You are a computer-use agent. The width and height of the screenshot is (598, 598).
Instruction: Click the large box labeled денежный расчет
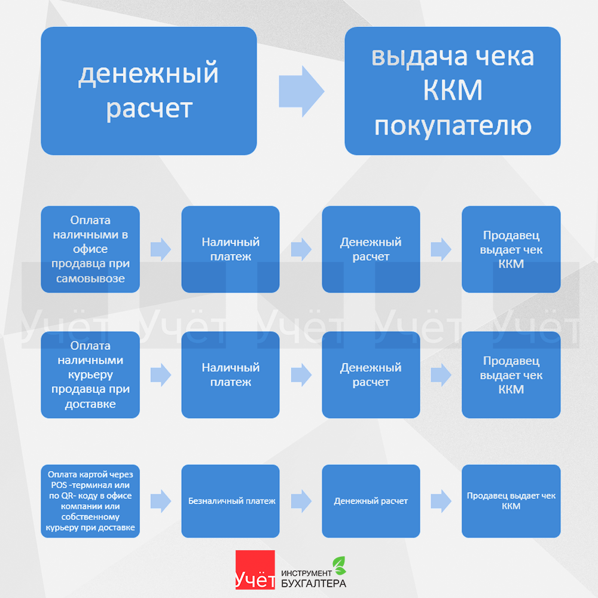point(148,91)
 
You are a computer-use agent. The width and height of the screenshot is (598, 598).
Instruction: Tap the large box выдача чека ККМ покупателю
point(452,91)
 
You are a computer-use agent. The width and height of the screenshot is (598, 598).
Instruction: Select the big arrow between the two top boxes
point(301,91)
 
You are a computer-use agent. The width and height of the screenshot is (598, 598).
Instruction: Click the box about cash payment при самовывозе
point(90,249)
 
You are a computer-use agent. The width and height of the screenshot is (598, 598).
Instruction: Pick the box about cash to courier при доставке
point(90,375)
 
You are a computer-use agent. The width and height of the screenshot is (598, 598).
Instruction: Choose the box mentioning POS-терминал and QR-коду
point(90,501)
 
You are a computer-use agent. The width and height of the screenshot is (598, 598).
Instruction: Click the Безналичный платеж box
point(230,501)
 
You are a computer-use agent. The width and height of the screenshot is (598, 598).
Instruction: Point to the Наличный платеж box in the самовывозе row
point(230,249)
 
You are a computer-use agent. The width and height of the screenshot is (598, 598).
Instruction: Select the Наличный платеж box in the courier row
point(230,375)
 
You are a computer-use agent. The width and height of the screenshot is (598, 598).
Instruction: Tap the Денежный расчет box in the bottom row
point(371,501)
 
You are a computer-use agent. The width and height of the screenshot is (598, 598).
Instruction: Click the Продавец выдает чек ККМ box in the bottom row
point(511,501)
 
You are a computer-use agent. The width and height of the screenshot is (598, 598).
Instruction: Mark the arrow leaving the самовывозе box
point(160,249)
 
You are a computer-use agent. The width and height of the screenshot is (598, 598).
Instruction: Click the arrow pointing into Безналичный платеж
point(160,501)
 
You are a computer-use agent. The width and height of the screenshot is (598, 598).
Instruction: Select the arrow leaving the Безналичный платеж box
point(301,501)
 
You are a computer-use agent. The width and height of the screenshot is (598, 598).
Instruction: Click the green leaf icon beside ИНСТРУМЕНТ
point(339,564)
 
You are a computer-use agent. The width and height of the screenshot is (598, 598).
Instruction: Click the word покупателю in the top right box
point(452,126)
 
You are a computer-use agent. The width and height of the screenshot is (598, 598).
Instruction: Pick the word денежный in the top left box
point(148,74)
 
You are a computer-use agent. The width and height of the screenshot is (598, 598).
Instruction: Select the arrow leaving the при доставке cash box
point(160,375)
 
